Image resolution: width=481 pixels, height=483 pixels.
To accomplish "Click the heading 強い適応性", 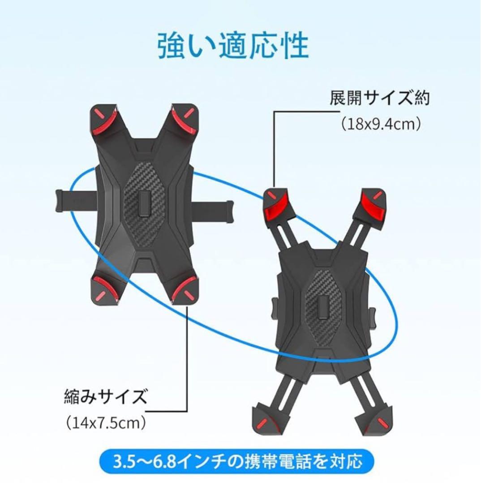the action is click(233, 46).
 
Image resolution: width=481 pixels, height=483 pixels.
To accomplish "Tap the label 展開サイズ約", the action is click(379, 98).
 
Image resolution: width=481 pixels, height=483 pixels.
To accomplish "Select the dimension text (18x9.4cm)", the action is click(381, 124).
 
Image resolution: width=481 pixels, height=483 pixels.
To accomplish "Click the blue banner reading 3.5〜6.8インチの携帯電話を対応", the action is click(236, 462).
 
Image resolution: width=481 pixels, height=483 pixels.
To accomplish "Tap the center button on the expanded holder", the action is click(323, 308).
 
